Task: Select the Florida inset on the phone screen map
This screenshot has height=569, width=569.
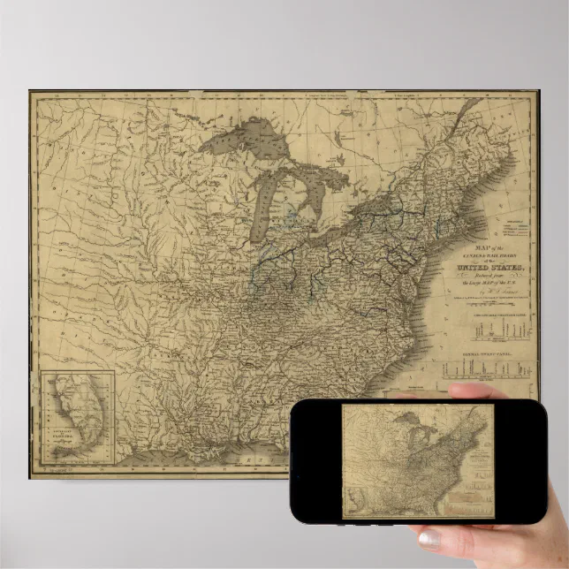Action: [354, 503]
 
